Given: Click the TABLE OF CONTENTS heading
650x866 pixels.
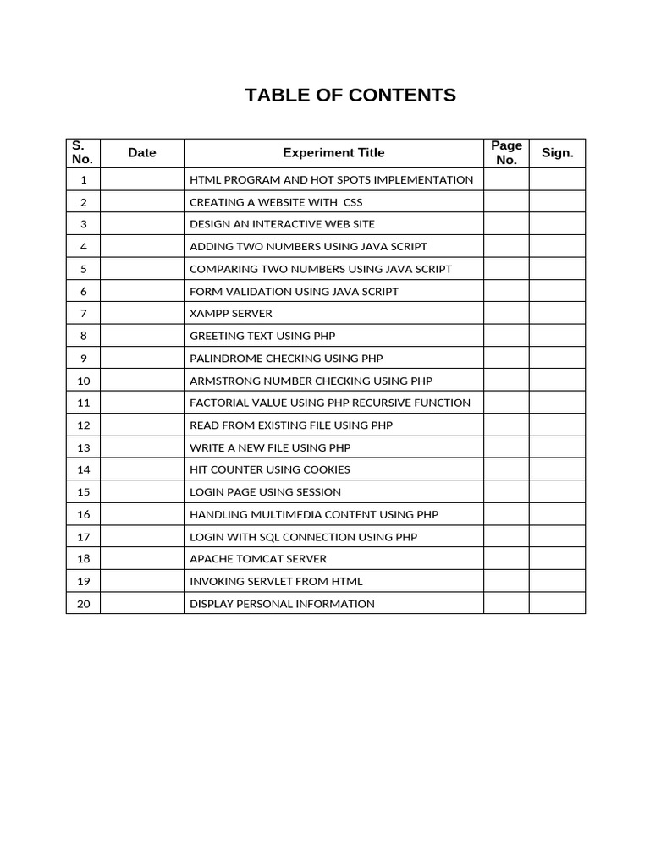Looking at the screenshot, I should click(x=350, y=96).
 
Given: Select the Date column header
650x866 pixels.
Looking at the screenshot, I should click(x=142, y=153).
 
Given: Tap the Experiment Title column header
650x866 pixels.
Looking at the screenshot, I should click(x=333, y=153).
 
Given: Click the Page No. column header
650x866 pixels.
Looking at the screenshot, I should click(x=506, y=153).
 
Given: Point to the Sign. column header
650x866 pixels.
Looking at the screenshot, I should click(x=557, y=153).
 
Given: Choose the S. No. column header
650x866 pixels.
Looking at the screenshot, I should click(x=83, y=153).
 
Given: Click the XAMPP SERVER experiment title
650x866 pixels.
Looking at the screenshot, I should click(x=231, y=314).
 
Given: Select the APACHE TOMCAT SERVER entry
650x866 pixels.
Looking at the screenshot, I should click(x=258, y=559).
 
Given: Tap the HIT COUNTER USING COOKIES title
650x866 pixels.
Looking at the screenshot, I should click(x=270, y=469).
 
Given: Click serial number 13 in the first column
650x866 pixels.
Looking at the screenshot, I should click(x=83, y=447).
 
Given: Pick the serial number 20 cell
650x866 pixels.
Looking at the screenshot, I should click(x=83, y=604).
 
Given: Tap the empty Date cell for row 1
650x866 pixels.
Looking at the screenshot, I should click(x=142, y=179).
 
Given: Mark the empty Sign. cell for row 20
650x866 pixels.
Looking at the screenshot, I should click(x=557, y=604).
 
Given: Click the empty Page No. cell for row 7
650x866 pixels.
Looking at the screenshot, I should click(x=506, y=314).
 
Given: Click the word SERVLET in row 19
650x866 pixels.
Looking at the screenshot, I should click(x=267, y=581).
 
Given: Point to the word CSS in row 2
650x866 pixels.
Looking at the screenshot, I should click(x=352, y=202).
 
